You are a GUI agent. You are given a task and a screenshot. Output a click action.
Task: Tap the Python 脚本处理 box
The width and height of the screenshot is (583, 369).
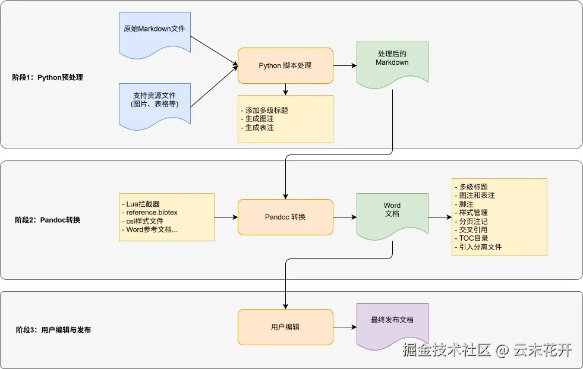pyautogui.click(x=285, y=65)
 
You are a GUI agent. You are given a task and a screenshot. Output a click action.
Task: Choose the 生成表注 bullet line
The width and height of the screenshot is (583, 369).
pyautogui.click(x=259, y=127)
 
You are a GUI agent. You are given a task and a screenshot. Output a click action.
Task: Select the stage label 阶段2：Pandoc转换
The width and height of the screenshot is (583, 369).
pyautogui.click(x=48, y=220)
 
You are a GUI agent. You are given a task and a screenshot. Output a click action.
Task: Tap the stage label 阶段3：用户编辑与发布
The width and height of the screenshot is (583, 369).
pyautogui.click(x=53, y=330)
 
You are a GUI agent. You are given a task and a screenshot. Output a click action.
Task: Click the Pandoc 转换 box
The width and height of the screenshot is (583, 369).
pyautogui.click(x=285, y=217)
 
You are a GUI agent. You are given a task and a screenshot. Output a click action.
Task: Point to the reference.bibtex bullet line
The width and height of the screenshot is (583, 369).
pyautogui.click(x=152, y=213)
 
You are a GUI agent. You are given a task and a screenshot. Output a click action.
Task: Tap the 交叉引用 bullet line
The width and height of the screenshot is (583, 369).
pyautogui.click(x=473, y=229)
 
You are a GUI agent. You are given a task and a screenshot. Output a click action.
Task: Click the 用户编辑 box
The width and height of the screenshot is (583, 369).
pyautogui.click(x=285, y=327)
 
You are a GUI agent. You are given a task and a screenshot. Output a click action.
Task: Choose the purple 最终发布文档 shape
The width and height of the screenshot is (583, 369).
pyautogui.click(x=392, y=324)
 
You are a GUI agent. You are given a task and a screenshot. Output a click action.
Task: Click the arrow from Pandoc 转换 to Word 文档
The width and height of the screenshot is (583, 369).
pyautogui.click(x=345, y=217)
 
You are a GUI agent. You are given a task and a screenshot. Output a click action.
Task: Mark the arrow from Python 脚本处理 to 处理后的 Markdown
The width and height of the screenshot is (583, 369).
pyautogui.click(x=345, y=65)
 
